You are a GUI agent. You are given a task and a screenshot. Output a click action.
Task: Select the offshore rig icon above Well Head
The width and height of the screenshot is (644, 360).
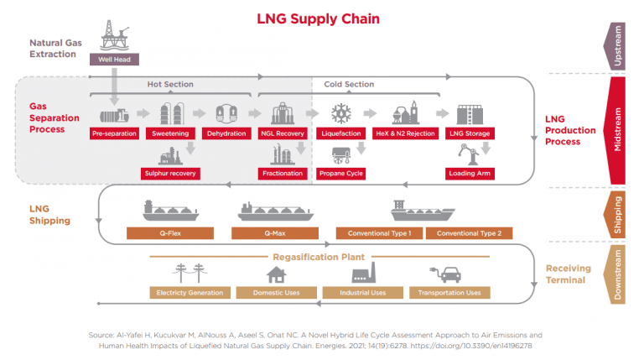coord(111,34)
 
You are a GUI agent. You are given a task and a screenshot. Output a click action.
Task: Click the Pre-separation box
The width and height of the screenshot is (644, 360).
coord(114,133)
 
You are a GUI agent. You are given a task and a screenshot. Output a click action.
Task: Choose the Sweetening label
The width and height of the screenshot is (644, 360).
coord(170,133)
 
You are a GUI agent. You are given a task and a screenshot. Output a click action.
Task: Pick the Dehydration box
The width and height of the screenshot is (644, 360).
coord(226,133)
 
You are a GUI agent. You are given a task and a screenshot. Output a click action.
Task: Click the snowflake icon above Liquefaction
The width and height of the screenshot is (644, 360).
coord(341,113)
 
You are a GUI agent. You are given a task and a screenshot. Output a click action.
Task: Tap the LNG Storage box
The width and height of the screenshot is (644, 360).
coord(470,133)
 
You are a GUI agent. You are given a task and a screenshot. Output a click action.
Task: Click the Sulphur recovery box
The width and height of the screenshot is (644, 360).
coord(171,174)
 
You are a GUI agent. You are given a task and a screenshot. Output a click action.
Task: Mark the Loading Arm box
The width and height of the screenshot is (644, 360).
coord(470,174)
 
